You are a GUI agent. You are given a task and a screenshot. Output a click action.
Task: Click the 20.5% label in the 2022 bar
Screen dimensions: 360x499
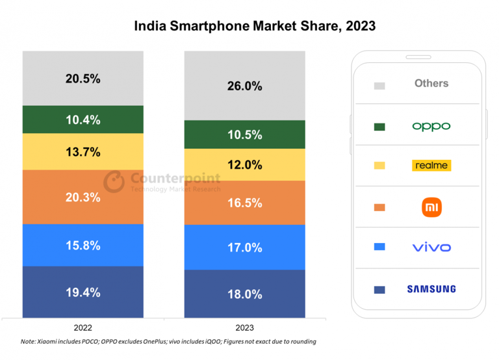coord(83,79)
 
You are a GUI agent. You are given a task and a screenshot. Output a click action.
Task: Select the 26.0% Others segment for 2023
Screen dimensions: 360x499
coord(244,86)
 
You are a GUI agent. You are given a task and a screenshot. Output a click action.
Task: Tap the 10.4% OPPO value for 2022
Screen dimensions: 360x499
coord(83,120)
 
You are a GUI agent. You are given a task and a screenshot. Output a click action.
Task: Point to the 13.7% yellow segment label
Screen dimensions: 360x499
coord(83,152)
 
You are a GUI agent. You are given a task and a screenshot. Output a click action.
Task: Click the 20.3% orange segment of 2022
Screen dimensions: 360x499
coord(83,198)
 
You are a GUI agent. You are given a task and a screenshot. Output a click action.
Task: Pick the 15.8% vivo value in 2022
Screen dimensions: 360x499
coord(83,246)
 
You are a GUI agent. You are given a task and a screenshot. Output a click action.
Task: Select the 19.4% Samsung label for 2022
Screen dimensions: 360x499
coord(83,292)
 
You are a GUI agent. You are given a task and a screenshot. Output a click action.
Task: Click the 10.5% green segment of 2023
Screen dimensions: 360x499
coord(244,135)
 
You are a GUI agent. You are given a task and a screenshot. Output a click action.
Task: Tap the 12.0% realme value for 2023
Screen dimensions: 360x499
coord(244,165)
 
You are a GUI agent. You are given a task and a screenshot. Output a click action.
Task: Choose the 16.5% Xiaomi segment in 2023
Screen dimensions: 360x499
coord(244,203)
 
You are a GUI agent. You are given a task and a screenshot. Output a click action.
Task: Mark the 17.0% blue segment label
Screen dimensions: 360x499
coord(244,248)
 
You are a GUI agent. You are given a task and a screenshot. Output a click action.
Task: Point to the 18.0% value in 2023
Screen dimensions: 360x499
coord(244,294)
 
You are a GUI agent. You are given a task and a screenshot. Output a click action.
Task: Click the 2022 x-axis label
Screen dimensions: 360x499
coord(83,328)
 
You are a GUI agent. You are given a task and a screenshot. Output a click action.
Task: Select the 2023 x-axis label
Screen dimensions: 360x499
coord(244,328)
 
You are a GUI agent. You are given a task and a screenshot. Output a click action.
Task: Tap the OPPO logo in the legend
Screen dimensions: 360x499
coord(431,126)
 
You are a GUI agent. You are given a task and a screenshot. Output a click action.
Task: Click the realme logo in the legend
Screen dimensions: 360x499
coord(431,165)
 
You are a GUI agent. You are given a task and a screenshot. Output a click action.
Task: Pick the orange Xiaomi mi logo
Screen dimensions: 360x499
coord(431,207)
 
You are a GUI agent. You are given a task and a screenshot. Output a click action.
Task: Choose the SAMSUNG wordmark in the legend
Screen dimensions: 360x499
coord(431,289)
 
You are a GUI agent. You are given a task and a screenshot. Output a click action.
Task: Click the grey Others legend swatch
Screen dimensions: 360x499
coord(379,86)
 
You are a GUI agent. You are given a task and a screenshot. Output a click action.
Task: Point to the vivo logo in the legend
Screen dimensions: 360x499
coord(431,247)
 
